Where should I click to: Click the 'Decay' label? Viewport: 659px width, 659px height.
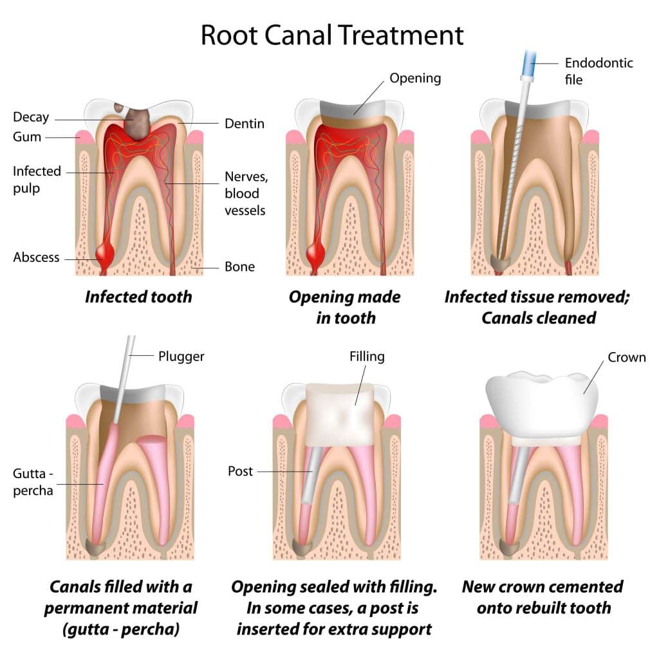coord(31,117)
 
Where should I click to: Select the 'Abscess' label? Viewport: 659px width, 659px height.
coord(36,257)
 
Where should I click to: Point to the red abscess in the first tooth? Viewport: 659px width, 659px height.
coord(106,254)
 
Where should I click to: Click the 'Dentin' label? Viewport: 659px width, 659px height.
coord(245,123)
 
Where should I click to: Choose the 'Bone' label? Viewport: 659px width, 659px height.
coord(239,266)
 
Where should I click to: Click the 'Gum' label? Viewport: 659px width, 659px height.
coord(27,136)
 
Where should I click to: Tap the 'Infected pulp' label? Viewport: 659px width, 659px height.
coord(37,180)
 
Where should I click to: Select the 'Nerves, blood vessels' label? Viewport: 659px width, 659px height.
coord(245,193)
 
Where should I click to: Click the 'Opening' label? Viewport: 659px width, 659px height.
coord(415,79)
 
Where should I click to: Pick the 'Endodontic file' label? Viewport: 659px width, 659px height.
coord(599,71)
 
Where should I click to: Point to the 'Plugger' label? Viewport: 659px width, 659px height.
coord(181,356)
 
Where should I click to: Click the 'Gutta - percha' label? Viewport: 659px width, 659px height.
coord(33,482)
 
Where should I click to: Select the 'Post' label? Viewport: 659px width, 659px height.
coord(241,471)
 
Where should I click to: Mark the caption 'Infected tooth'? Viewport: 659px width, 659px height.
coord(138,297)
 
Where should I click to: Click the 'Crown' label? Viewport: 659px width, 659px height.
coord(627,357)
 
